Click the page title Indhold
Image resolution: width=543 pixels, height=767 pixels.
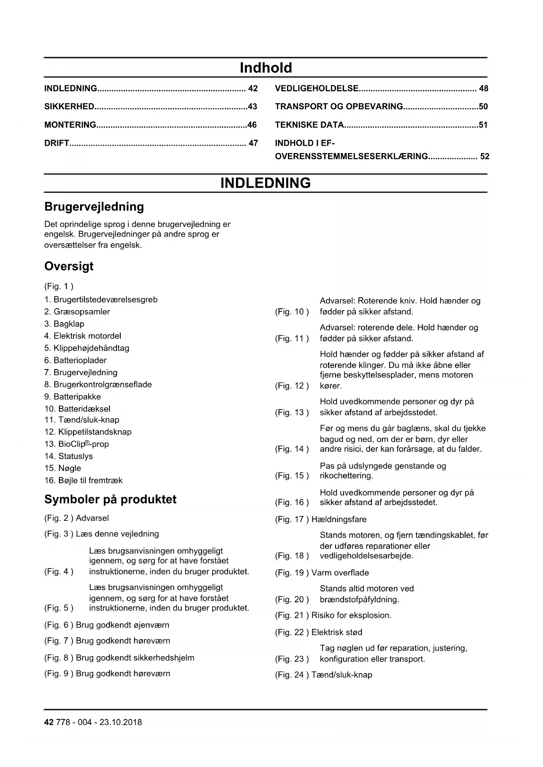(266, 68)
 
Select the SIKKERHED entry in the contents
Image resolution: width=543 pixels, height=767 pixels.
(69, 107)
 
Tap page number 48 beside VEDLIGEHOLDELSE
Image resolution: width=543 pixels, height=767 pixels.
(483, 89)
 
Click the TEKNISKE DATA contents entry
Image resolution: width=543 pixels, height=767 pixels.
(309, 125)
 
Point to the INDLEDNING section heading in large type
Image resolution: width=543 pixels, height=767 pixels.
(266, 183)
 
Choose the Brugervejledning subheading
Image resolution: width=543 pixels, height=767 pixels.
(94, 207)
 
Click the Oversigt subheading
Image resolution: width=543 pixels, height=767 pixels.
(69, 266)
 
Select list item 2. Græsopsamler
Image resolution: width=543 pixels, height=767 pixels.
(77, 312)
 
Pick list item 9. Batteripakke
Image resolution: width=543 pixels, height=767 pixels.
(73, 397)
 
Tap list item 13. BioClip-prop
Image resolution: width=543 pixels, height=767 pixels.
(77, 444)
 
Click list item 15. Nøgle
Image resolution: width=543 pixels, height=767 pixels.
(63, 468)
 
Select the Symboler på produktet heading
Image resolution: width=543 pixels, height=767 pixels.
(110, 499)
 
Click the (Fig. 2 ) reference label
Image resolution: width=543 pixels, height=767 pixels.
(59, 518)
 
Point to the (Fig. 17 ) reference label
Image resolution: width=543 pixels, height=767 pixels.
(292, 519)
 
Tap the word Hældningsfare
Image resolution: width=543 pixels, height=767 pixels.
(339, 519)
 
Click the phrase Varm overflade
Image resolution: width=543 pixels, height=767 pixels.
(340, 573)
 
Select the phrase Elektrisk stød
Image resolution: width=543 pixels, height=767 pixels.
(337, 632)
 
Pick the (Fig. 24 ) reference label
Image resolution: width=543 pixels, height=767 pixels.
(292, 675)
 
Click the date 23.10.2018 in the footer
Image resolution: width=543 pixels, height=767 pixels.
(121, 722)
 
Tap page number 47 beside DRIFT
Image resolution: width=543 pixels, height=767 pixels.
(253, 143)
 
